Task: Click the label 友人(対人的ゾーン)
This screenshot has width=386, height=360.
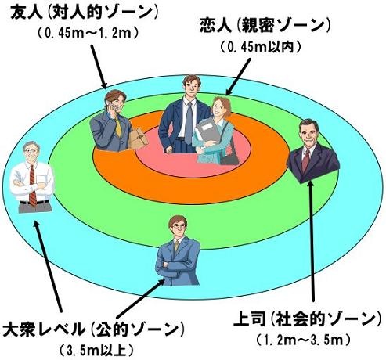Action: [x=84, y=13]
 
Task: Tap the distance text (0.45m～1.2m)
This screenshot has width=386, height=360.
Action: [x=88, y=34]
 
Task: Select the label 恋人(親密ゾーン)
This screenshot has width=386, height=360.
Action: [x=265, y=26]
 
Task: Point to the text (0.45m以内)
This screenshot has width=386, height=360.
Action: [x=261, y=47]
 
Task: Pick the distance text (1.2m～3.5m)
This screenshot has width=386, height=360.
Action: [x=303, y=340]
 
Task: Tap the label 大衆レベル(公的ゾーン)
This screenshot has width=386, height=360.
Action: [x=93, y=329]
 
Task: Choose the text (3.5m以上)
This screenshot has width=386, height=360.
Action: [x=96, y=351]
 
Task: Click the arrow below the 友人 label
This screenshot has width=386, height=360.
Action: [x=99, y=67]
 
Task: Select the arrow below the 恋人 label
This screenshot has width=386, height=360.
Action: [x=238, y=77]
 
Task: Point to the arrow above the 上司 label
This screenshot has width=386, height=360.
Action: [x=312, y=241]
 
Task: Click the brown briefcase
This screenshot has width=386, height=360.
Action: [x=138, y=139]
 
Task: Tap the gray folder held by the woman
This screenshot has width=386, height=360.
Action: [x=207, y=131]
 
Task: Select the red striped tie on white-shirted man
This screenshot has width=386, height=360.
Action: [x=32, y=185]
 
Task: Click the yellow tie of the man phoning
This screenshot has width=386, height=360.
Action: [x=118, y=127]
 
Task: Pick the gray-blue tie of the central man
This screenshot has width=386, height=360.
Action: [x=188, y=123]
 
